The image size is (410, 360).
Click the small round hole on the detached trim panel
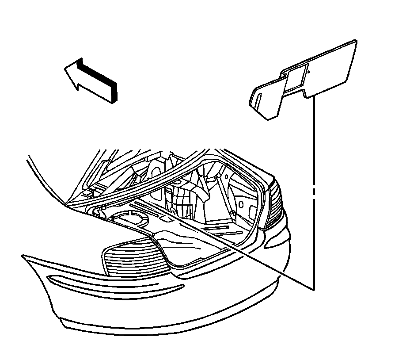[310, 71]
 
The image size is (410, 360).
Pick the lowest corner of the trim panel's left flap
[270, 119]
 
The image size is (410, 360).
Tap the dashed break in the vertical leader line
[314, 191]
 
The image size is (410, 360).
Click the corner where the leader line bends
[314, 290]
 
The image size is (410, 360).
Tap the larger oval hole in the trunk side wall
[240, 204]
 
